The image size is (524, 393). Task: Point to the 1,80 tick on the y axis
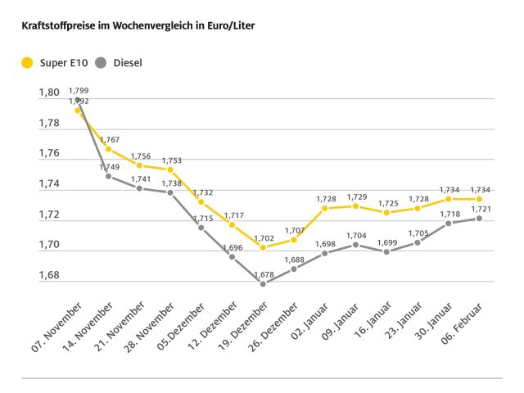pos(49,93)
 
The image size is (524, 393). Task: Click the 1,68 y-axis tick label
pos(49,275)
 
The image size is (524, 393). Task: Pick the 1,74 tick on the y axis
pos(49,184)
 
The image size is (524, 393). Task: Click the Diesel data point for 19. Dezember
pos(263,283)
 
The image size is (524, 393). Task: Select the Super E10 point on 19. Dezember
pos(263,247)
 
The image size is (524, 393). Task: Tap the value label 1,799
pos(79,90)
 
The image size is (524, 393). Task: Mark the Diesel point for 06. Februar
pos(480,218)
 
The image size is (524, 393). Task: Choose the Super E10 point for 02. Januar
pos(326,208)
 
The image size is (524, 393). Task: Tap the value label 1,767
pos(110,140)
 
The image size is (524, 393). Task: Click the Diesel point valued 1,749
pos(109,176)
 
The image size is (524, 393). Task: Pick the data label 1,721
pos(480,209)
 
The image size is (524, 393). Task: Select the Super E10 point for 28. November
pos(170,169)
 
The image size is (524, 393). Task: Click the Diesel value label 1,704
pos(356,235)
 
